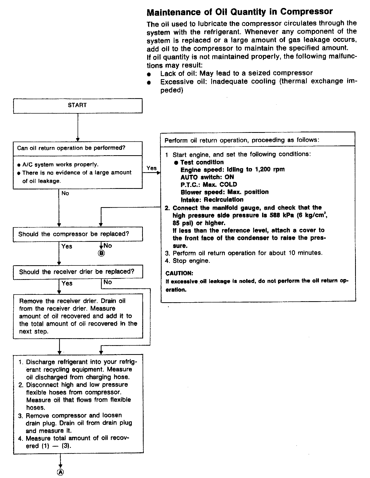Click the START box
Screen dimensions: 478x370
click(78, 105)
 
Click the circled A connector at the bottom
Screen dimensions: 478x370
click(60, 472)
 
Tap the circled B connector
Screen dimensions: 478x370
click(101, 253)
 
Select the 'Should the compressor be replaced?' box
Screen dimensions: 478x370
click(78, 234)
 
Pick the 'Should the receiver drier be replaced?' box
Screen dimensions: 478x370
click(78, 272)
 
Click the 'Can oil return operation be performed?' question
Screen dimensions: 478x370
click(71, 148)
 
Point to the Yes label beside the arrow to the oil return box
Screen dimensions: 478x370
click(152, 168)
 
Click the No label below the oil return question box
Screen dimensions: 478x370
click(65, 193)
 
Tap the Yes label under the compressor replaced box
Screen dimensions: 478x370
click(67, 246)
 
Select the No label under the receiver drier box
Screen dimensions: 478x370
click(108, 282)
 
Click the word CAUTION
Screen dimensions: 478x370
click(179, 273)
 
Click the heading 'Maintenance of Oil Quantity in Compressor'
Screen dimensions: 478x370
click(239, 12)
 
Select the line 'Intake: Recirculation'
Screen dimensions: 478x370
click(212, 200)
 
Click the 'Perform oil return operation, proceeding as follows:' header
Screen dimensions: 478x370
click(242, 140)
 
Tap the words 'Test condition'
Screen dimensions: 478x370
click(202, 162)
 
